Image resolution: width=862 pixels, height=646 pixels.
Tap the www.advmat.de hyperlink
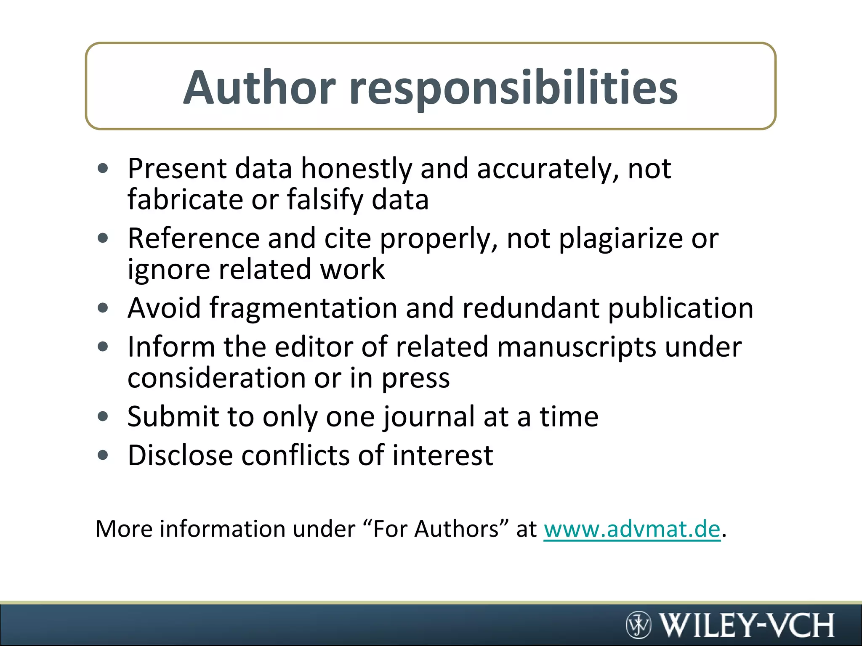pyautogui.click(x=632, y=529)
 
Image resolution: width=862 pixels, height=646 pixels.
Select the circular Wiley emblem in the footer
pyautogui.click(x=639, y=625)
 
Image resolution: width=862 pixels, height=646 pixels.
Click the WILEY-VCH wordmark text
pyautogui.click(x=746, y=625)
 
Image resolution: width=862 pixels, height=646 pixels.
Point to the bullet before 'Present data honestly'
pyautogui.click(x=103, y=169)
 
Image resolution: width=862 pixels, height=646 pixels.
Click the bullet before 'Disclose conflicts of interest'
pyautogui.click(x=103, y=455)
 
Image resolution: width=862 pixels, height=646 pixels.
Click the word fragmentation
pyautogui.click(x=303, y=308)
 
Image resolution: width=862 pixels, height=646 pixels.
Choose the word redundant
pyautogui.click(x=531, y=308)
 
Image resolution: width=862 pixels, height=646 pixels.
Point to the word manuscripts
pyautogui.click(x=576, y=347)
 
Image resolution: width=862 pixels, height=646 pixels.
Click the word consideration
pyautogui.click(x=217, y=378)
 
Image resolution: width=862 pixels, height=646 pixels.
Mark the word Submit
pyautogui.click(x=173, y=417)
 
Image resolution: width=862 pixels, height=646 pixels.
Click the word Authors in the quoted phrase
pyautogui.click(x=457, y=529)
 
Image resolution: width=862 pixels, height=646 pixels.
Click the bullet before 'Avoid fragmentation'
pyautogui.click(x=103, y=308)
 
